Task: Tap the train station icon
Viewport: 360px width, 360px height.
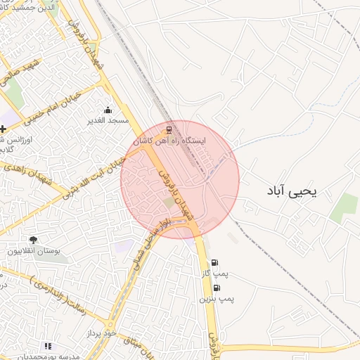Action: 168,131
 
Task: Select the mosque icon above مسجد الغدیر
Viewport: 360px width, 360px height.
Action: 108,110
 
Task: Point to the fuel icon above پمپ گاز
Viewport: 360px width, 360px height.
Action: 214,264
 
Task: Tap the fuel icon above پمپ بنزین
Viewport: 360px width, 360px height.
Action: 216,288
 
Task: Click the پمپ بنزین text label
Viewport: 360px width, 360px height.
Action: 216,299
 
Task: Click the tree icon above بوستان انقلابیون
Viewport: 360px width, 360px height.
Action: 33,240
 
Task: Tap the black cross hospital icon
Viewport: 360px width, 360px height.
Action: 4,129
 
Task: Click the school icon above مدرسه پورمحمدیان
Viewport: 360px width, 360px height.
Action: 48,346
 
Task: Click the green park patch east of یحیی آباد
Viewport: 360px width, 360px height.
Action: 344,207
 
